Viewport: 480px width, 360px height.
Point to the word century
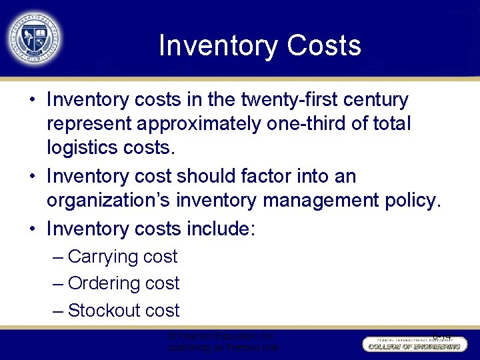tap(377, 100)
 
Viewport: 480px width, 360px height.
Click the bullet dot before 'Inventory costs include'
tap(32, 229)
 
